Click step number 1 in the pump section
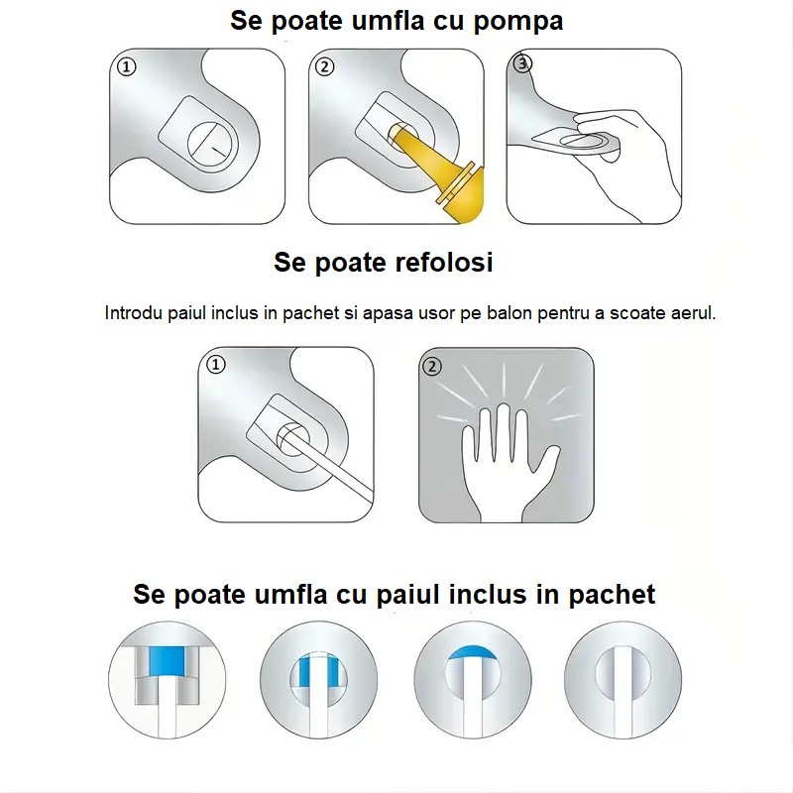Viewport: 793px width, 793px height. [126, 67]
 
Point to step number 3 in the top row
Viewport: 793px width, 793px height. [524, 64]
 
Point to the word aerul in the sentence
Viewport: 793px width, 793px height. [691, 313]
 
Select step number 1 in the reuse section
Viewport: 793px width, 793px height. [216, 365]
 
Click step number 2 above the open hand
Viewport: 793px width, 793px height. [431, 366]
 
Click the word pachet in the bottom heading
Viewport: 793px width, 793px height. [612, 595]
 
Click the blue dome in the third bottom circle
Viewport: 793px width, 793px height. [472, 652]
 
